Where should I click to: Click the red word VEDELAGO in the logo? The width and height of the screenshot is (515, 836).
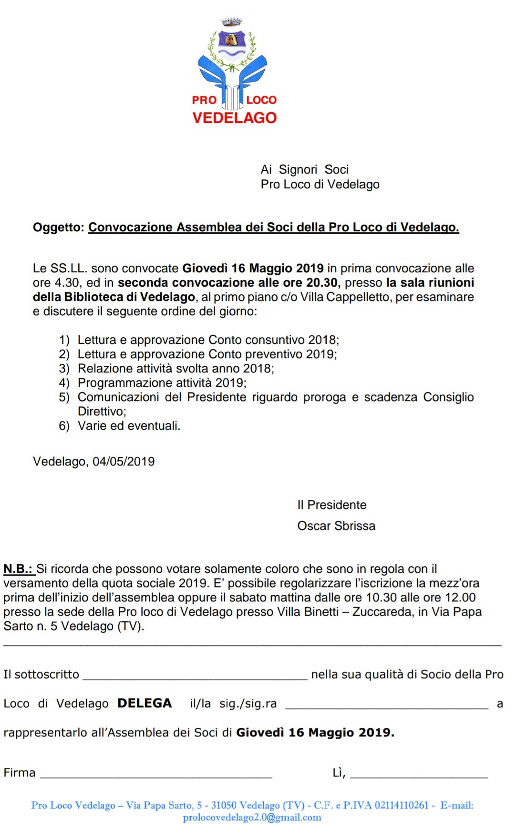coord(234,118)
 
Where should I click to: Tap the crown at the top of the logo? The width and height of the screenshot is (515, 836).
coord(232,22)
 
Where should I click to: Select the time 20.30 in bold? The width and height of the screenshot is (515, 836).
coord(322,283)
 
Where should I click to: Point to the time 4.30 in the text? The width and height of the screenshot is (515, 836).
coord(67,283)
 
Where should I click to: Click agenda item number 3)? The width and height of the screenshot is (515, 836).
coord(64,369)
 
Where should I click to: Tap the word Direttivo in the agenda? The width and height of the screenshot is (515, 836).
coord(102,412)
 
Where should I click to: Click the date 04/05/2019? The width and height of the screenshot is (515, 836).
coord(124,462)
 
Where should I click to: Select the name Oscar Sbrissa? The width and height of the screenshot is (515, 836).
coord(336,526)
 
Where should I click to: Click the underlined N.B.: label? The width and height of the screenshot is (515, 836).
coord(18,569)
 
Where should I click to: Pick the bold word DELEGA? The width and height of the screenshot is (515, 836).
coord(144,703)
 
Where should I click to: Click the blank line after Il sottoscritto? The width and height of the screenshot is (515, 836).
coord(195,676)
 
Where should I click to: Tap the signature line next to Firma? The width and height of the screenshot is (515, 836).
coord(156,775)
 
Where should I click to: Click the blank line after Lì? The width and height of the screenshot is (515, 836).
coord(419,775)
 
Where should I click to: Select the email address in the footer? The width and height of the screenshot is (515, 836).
coord(252,818)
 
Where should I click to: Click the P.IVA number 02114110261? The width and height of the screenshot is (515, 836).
coord(402,805)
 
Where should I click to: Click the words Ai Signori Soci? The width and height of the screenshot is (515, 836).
coord(304,170)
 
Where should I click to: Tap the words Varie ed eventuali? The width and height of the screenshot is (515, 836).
coord(129,426)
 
